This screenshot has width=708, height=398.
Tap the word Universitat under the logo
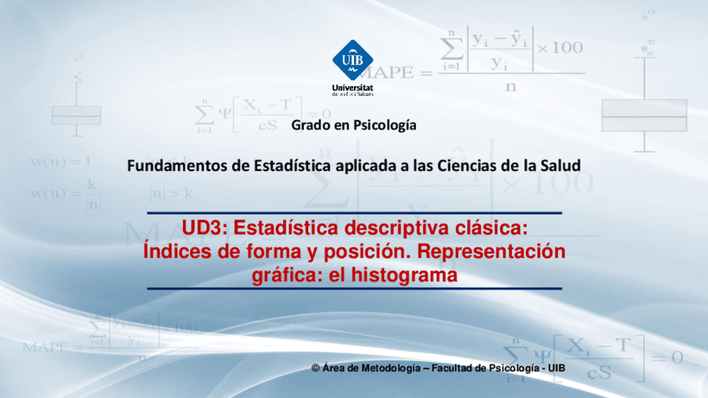pos(353,87)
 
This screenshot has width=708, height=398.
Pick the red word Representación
pos(491,251)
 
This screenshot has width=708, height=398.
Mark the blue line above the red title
pos(354,213)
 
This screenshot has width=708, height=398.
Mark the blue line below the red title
pos(354,288)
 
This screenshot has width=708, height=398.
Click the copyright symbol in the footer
pos(315,368)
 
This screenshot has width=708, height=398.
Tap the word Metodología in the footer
pos(387,368)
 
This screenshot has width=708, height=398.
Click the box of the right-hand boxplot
pos(644,116)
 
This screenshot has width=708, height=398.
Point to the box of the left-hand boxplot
pos(76,114)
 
